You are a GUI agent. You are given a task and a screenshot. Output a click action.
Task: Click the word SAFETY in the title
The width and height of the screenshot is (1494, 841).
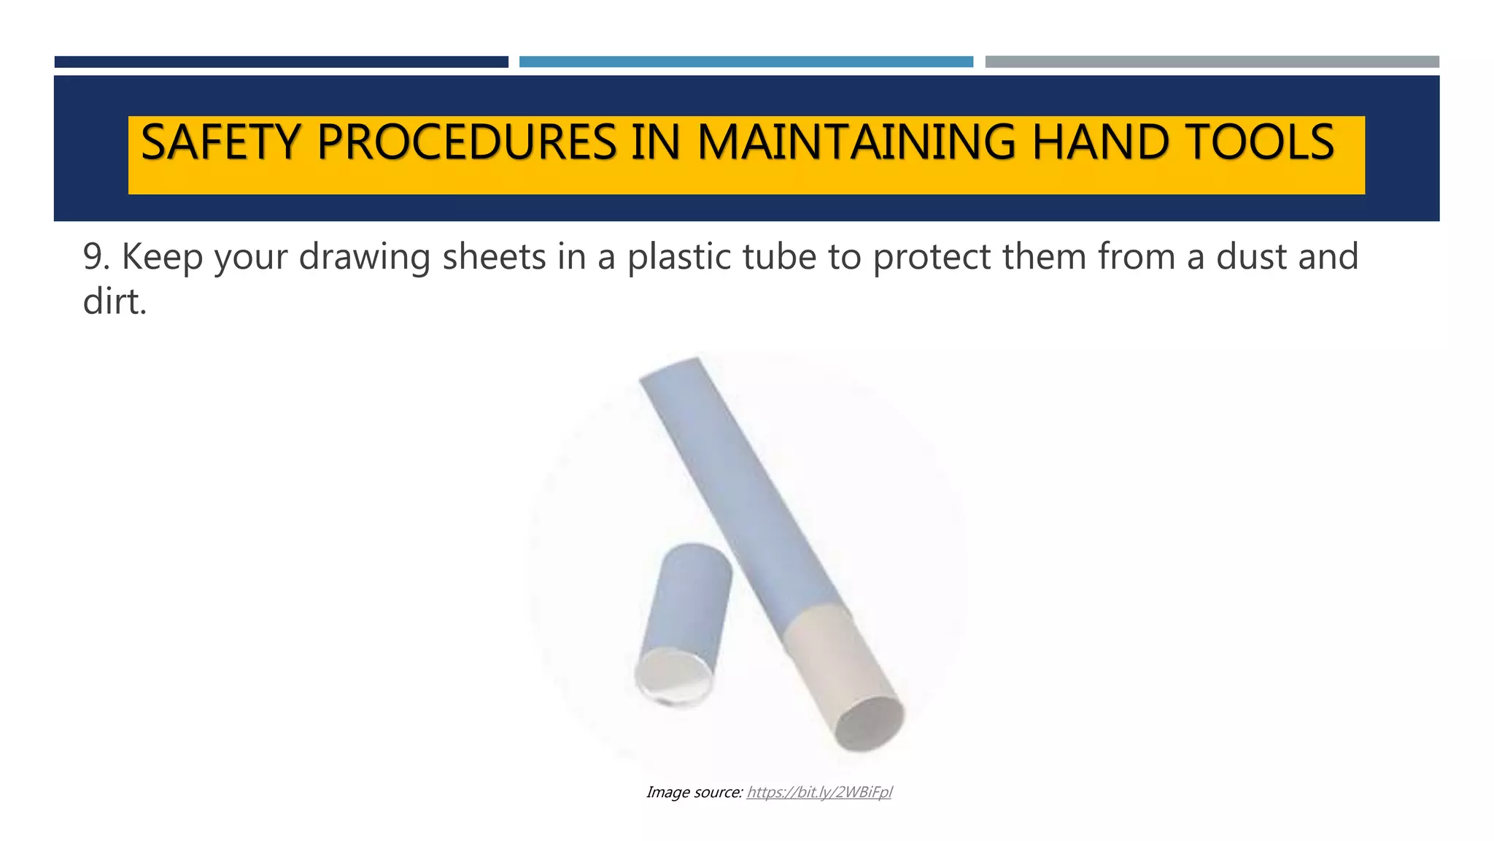(220, 142)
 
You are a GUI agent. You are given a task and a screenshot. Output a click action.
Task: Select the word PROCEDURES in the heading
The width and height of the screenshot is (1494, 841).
(467, 142)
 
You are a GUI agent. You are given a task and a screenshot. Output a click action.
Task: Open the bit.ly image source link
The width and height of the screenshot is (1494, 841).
(818, 792)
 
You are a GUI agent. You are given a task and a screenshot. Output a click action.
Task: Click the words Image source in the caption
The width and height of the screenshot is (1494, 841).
(694, 792)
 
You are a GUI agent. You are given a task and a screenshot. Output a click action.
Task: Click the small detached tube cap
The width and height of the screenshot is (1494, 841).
(683, 624)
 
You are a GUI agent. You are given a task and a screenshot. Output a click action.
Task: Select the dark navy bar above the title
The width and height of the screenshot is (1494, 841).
(281, 62)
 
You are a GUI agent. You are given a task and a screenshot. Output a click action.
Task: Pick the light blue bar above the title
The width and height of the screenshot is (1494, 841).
(746, 62)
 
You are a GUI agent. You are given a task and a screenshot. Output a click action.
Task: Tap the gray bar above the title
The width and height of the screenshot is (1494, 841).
(1212, 62)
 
